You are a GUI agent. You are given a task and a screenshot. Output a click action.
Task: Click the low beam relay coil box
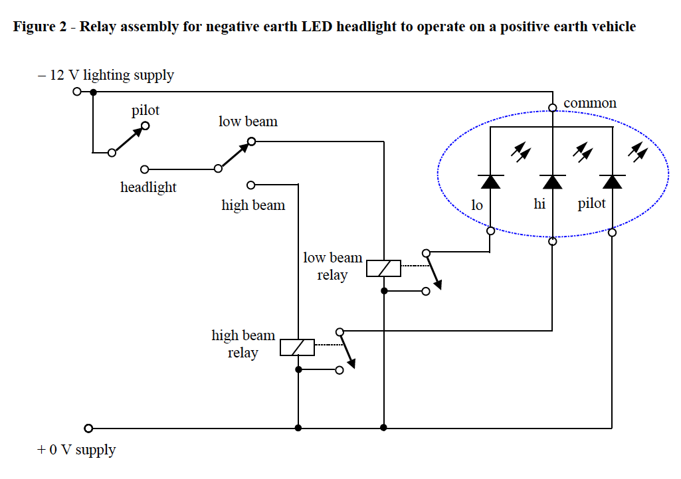[x=383, y=268]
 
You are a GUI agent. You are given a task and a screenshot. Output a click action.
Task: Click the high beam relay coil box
[x=297, y=347]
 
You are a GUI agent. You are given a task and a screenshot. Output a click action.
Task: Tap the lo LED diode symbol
[x=490, y=181]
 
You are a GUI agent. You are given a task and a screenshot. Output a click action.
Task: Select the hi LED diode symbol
[x=552, y=181]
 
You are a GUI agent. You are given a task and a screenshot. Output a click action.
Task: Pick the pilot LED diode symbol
[x=611, y=181]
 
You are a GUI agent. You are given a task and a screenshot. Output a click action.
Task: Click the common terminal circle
[x=552, y=108]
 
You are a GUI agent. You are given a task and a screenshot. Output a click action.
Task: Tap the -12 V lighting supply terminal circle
[x=77, y=92]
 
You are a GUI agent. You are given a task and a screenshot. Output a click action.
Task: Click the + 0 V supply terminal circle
[x=88, y=429]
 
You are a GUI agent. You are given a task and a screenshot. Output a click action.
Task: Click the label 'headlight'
[x=148, y=187]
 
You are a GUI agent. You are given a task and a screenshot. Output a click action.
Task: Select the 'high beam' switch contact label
[x=253, y=205]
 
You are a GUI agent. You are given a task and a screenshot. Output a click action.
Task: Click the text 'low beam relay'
[x=332, y=266]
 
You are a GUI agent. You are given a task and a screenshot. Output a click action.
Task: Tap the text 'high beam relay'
[x=243, y=343]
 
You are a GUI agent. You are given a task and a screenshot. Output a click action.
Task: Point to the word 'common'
[x=590, y=103]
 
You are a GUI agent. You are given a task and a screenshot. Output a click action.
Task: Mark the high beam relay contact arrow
[x=346, y=349]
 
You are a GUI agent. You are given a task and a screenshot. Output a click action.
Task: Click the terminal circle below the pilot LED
[x=612, y=233]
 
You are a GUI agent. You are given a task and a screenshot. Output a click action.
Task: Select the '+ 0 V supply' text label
[x=76, y=450]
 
